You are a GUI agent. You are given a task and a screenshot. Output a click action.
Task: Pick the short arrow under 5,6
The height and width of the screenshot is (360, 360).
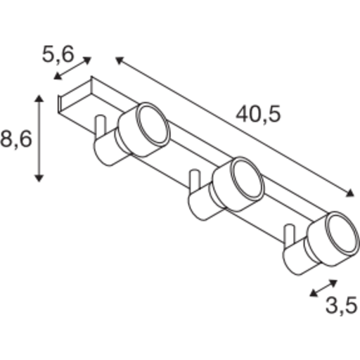73,69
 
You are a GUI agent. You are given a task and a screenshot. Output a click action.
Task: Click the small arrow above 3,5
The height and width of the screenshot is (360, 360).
323,288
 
